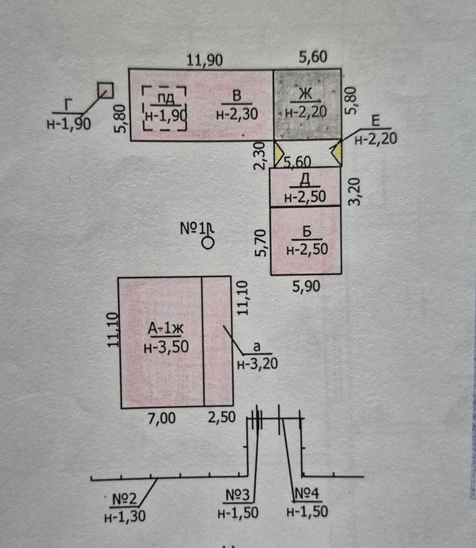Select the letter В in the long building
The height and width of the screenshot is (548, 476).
236,96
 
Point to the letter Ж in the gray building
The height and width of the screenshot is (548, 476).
304,96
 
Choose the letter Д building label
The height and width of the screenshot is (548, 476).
305,180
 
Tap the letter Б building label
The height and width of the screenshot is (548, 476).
307,233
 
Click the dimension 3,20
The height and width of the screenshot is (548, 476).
354,191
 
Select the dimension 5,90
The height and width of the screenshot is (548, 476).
306,287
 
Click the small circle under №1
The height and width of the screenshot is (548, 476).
207,244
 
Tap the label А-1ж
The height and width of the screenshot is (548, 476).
167,327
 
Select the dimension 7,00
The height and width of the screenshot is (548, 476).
162,419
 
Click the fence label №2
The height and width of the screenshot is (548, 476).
122,498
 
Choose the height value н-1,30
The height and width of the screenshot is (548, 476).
123,516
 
